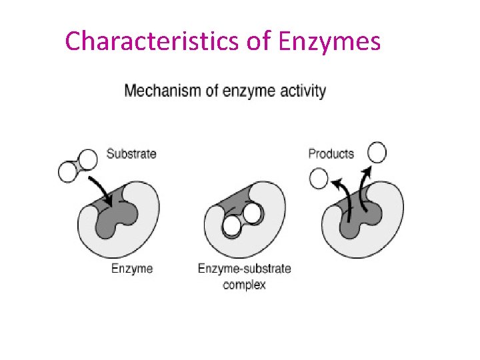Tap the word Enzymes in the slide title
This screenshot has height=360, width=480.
click(x=329, y=41)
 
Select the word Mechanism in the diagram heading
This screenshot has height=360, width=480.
click(x=163, y=91)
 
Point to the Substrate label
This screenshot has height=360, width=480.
click(x=131, y=154)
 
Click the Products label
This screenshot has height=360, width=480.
click(x=331, y=154)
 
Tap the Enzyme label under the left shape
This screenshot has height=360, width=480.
click(x=131, y=269)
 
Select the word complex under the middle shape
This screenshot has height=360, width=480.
click(x=244, y=285)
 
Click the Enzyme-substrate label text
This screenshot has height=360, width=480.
click(x=244, y=269)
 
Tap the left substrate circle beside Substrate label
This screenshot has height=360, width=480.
click(x=69, y=172)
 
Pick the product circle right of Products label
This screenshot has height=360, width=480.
click(x=377, y=153)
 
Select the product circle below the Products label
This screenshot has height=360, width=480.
click(x=319, y=179)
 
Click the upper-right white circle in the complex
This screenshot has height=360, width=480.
click(x=252, y=213)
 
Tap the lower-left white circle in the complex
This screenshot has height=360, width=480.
click(x=231, y=227)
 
